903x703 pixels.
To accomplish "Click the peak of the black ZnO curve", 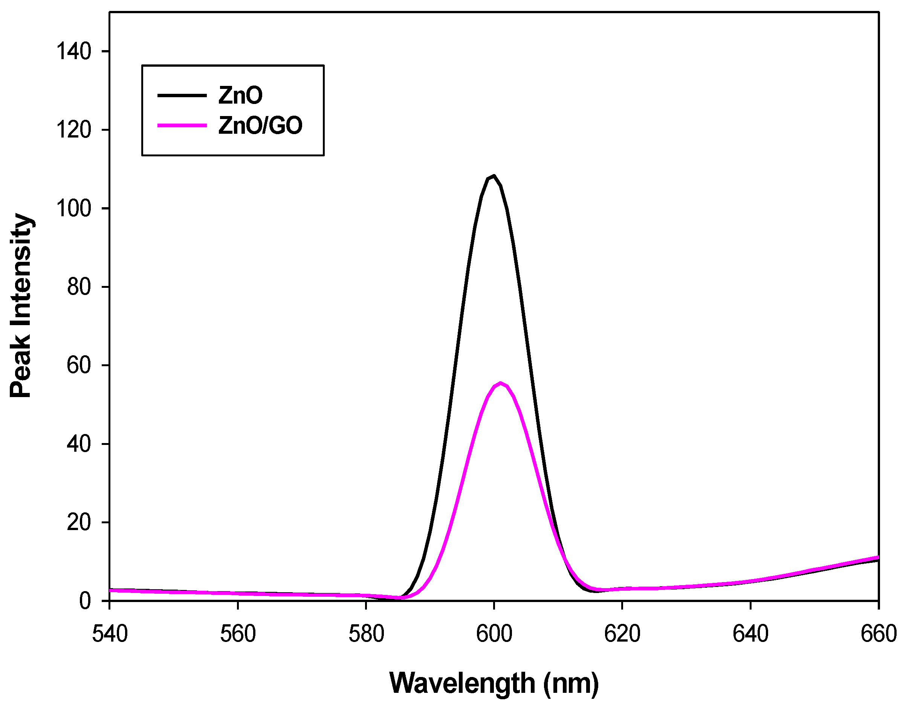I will click(x=494, y=176).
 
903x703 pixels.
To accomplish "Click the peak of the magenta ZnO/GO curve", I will click(x=500, y=384).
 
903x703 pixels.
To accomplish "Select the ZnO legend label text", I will click(x=240, y=96).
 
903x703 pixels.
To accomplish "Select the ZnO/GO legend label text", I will click(x=260, y=125).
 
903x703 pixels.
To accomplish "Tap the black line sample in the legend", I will click(x=182, y=96).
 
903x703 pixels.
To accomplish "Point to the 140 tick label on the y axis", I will click(x=73, y=52).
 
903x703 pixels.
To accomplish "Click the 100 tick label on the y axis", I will click(x=73, y=209).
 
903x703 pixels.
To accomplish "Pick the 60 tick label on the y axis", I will click(x=79, y=365).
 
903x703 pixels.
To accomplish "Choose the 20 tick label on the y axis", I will click(x=79, y=522).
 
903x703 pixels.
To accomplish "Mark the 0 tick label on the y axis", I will click(x=85, y=601).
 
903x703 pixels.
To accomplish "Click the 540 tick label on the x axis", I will click(x=110, y=634).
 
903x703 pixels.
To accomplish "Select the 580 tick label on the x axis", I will click(x=366, y=634).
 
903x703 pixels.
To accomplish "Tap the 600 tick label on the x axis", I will click(x=494, y=634).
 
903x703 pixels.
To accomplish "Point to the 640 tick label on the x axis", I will click(x=750, y=634).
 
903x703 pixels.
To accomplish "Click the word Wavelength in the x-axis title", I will click(x=462, y=683).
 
